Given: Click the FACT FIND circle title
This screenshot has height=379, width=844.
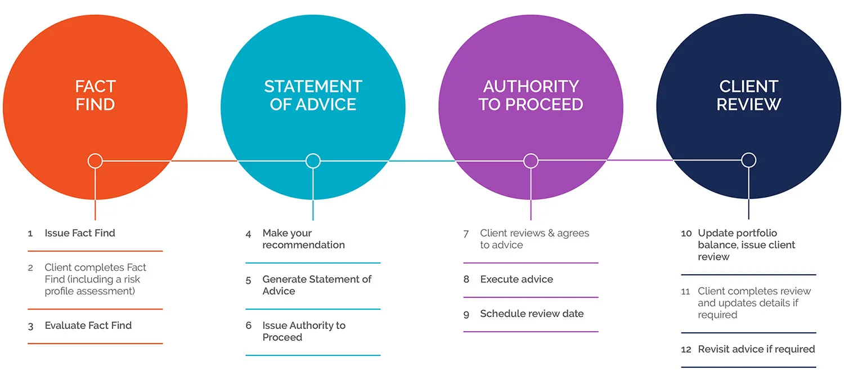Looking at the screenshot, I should pos(95,95).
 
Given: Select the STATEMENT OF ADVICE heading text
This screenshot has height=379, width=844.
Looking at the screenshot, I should pos(313,95).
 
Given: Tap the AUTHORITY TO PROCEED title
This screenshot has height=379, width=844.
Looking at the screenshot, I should pos(531,95).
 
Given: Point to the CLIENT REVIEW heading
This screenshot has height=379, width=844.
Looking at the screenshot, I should pos(748,95).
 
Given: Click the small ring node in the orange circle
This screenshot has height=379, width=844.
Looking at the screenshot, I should pos(95,161).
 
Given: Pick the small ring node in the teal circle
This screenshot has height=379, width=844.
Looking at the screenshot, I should pos(313,161).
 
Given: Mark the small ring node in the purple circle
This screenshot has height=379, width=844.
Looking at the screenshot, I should pos(531,161).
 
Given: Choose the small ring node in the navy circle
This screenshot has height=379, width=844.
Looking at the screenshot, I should pos(748,160).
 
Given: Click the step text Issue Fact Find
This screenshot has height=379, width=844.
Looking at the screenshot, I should pos(80,233).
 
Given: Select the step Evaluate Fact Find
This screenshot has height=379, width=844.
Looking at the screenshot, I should pos(88,326).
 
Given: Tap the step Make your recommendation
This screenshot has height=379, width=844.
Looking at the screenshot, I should pos(303,239).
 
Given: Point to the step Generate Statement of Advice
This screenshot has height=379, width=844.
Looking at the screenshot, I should pos(317,285).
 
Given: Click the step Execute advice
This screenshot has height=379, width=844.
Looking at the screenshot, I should pos(516,279).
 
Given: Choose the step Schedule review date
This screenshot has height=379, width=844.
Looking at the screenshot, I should pos(532,314).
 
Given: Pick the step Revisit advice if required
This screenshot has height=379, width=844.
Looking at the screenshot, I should pos(756,349).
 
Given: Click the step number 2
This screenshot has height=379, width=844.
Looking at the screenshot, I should pos(30,268).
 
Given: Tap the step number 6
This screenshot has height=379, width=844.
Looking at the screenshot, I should pos(248,326).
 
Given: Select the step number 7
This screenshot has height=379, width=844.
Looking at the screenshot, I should pos(466,234).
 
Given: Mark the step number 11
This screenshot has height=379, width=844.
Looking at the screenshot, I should pos(685,292).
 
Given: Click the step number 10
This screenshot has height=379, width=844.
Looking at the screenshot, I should pos(686,234).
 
